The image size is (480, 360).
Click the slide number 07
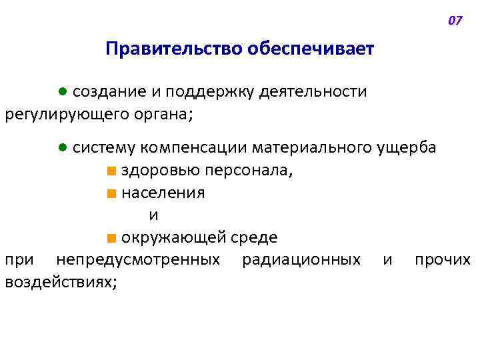pos(455,21)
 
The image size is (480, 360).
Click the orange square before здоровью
pos(110,171)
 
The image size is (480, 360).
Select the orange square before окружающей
pos(110,238)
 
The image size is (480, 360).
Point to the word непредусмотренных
pos(139,259)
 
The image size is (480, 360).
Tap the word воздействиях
pos(60,282)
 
